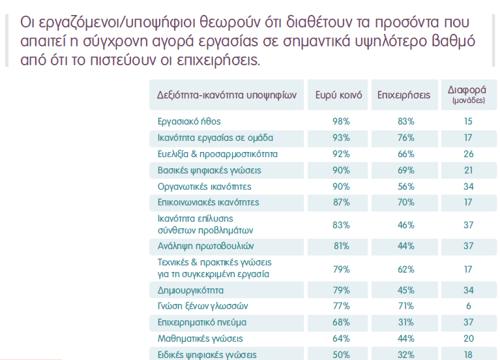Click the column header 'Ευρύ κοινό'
(338, 95)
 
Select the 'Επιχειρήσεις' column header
(404, 95)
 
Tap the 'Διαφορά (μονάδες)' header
(467, 95)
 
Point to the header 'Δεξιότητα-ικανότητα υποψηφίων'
(227, 95)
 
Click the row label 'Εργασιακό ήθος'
(189, 121)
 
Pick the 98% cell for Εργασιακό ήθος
(341, 121)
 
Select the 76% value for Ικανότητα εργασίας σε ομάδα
(406, 138)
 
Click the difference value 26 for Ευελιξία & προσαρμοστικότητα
(469, 154)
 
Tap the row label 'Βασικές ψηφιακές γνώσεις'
(209, 170)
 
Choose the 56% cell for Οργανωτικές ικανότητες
(406, 187)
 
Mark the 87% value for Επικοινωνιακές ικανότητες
(341, 202)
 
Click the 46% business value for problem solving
(406, 225)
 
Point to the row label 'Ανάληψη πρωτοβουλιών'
(206, 246)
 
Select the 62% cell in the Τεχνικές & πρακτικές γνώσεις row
(406, 269)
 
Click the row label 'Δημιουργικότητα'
(190, 290)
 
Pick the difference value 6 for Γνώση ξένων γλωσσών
(469, 306)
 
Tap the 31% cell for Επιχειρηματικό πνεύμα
(406, 322)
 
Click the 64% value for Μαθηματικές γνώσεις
(341, 338)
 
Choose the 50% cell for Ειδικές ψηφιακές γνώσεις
(341, 355)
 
